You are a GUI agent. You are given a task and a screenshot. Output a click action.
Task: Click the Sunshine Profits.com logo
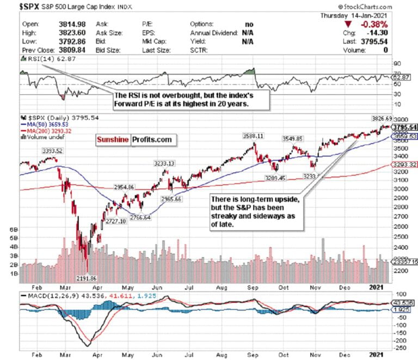[x=134, y=140]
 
